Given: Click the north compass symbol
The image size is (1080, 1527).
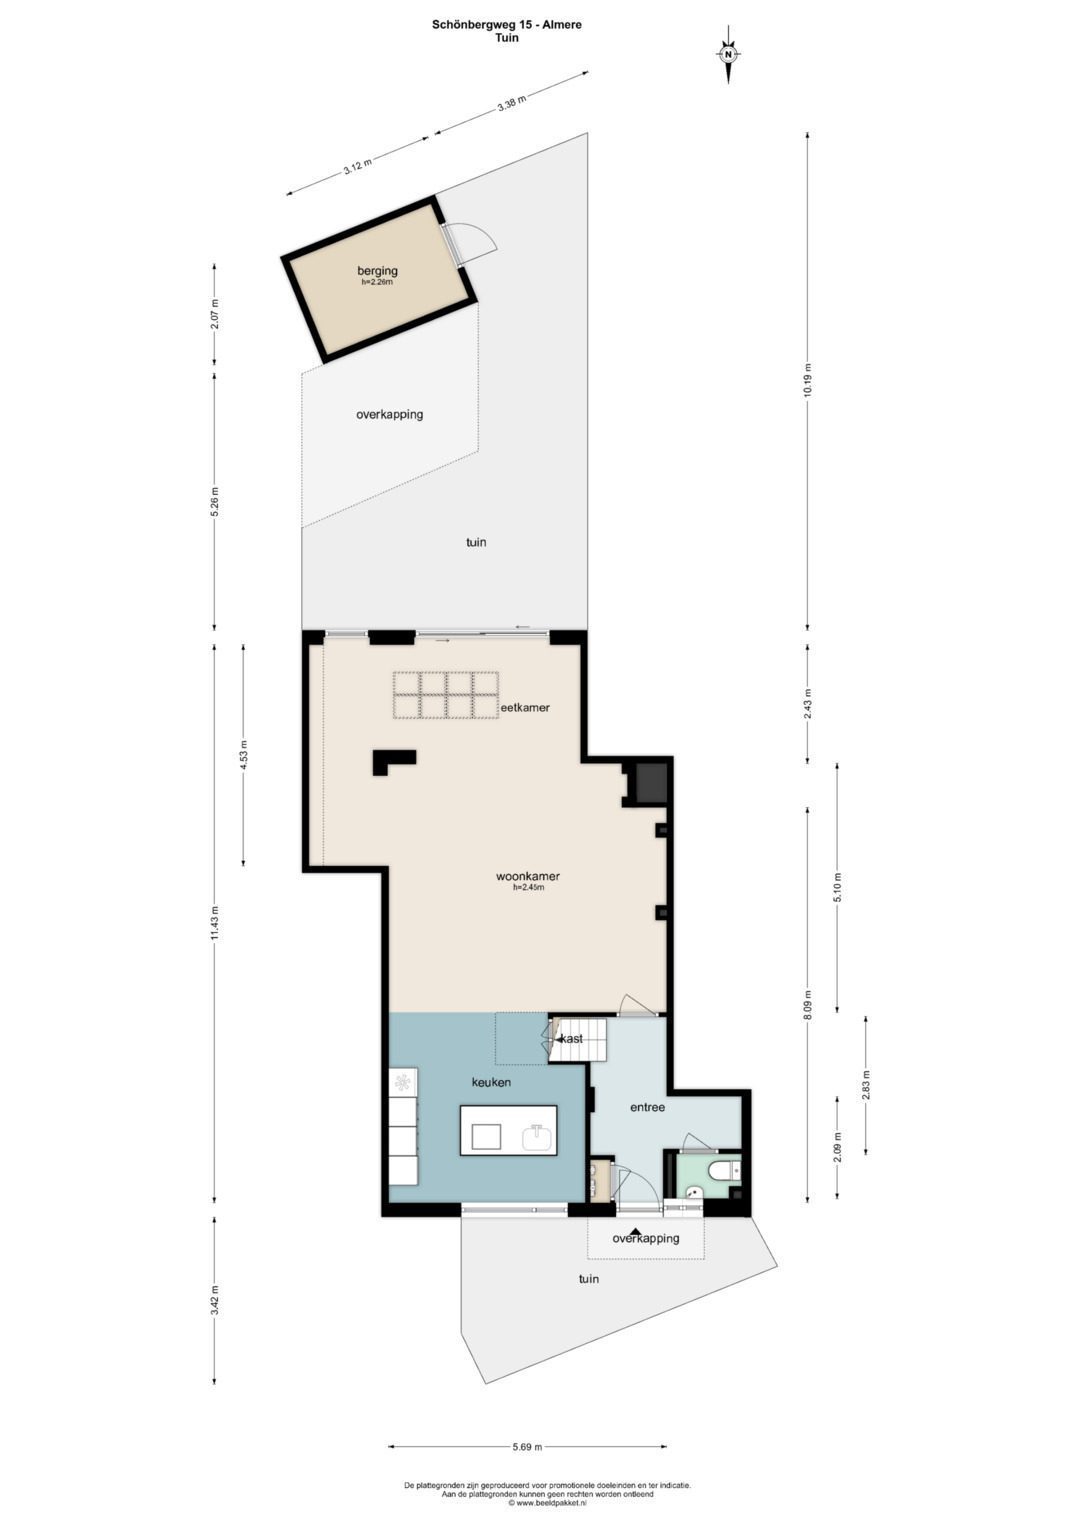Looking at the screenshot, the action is (728, 54).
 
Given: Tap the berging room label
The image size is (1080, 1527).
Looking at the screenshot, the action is (377, 271).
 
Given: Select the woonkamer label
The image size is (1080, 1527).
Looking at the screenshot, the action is (528, 877).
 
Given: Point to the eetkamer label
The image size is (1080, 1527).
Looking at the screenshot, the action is (525, 708).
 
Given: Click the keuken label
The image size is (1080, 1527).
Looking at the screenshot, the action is (492, 1082).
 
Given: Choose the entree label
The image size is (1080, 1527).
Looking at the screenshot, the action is (647, 1107).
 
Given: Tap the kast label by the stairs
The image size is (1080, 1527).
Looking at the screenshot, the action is (571, 1039).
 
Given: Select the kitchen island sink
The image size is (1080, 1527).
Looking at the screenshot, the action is (537, 1138).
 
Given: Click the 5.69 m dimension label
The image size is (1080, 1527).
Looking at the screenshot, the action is (528, 1423).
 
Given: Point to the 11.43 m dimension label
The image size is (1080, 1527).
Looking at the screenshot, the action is (215, 924).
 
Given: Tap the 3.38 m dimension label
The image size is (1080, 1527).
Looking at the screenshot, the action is (511, 103).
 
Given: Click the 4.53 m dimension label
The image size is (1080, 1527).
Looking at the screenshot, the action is (244, 755).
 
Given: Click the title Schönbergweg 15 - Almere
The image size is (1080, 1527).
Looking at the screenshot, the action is (507, 25).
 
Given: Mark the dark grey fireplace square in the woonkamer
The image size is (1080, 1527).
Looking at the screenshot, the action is (651, 782).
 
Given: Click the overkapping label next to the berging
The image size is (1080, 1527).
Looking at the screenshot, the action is (389, 414).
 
